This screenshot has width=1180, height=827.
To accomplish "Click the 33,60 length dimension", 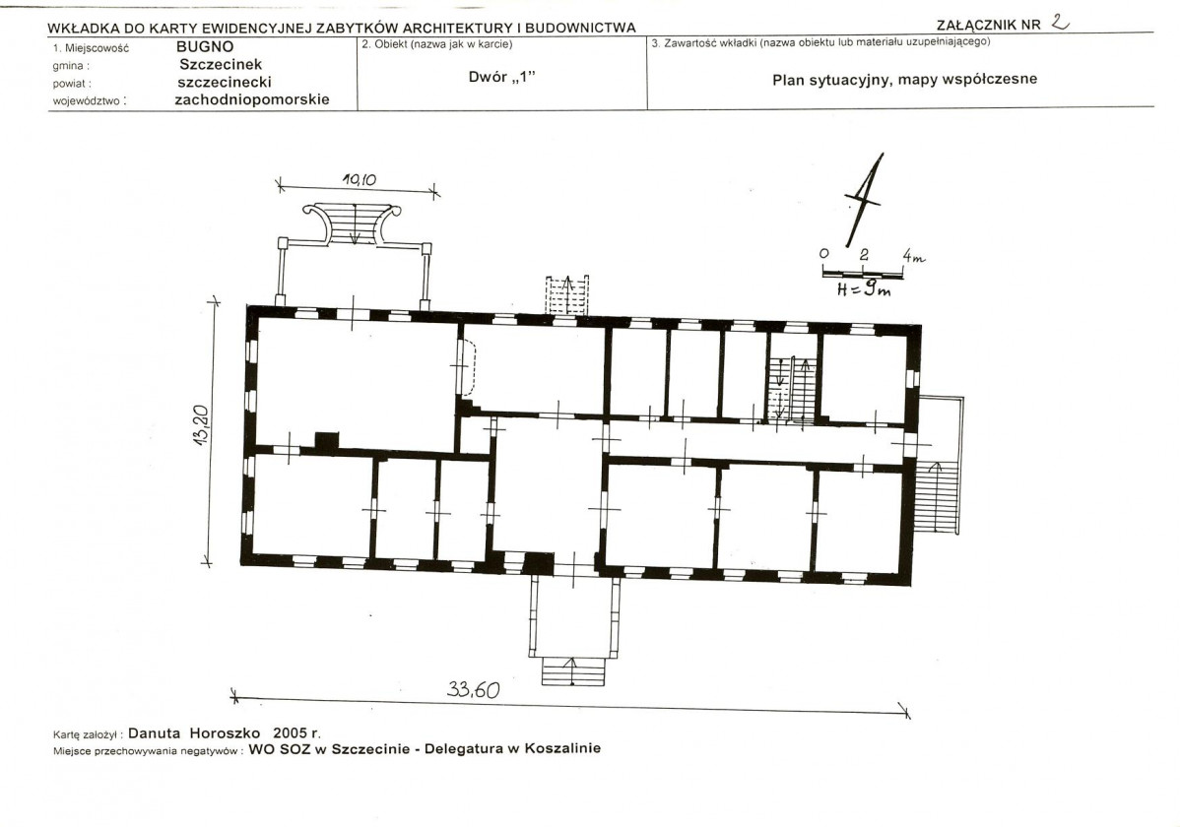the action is tap(473, 689).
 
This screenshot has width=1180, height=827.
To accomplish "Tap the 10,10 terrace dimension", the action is tap(359, 180).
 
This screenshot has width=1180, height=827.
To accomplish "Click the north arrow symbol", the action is tap(864, 200).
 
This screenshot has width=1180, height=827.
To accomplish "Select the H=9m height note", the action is tap(864, 288).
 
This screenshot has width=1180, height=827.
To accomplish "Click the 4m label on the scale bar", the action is tap(914, 257).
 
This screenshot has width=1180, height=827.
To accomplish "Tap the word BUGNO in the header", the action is tap(205, 46).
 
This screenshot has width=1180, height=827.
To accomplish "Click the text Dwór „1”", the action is tap(501, 77).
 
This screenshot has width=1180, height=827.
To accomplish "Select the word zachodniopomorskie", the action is tap(252, 99).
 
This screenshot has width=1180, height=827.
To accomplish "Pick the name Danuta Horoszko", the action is tap(194, 732).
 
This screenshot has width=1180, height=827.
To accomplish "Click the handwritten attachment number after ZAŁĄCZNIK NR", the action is tap(1060, 23).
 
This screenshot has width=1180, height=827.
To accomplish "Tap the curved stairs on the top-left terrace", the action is tap(352, 223).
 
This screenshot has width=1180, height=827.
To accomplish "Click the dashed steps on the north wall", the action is tap(566, 295).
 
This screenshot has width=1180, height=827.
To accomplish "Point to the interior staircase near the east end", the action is tap(792, 389).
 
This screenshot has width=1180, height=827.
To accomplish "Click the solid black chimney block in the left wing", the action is tap(326, 442).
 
